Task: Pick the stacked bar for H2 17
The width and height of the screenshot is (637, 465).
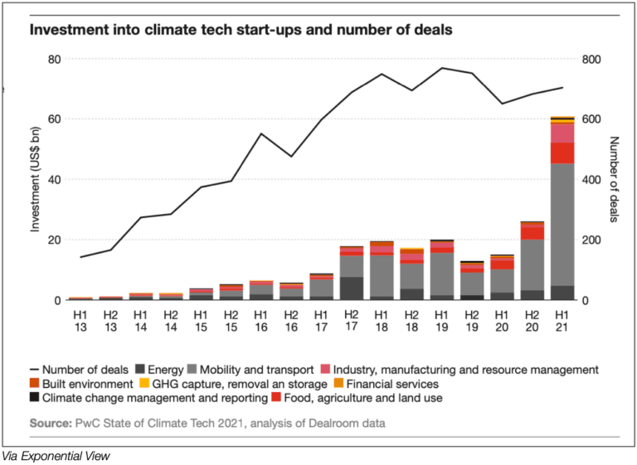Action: point(351,274)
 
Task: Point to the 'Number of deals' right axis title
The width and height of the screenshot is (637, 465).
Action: point(613,180)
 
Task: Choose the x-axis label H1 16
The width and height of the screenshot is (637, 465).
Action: point(260,321)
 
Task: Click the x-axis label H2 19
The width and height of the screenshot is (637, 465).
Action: point(472,321)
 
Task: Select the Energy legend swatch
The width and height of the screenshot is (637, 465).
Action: point(141,369)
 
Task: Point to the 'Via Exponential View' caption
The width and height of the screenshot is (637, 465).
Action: point(56,455)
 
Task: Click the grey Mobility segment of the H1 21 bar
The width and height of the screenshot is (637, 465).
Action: point(562,224)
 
